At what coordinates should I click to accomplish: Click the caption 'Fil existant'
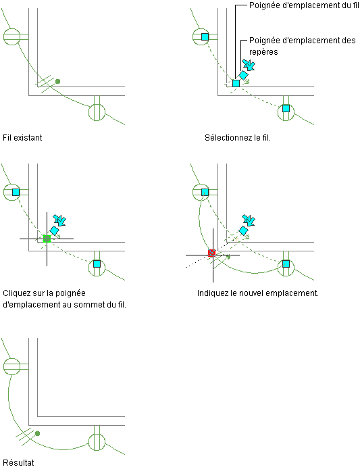point(22,138)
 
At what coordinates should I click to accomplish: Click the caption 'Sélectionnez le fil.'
point(238,138)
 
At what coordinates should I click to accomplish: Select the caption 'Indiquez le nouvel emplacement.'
point(258,293)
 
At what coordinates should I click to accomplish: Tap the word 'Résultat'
point(18,462)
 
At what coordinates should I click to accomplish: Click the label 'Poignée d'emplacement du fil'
point(304,5)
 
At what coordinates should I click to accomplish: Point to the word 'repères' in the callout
point(263,52)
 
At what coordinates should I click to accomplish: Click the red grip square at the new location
point(211,253)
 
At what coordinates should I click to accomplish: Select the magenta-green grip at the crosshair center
point(47,239)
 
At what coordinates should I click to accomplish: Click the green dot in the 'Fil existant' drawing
point(58,81)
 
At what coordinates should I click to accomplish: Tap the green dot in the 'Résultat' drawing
point(38,433)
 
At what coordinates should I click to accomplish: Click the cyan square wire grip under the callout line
point(236,83)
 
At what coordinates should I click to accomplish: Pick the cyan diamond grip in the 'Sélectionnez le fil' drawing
point(244,75)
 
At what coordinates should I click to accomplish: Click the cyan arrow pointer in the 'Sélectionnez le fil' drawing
point(249,65)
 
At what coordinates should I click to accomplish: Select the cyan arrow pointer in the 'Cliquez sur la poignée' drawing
point(59,220)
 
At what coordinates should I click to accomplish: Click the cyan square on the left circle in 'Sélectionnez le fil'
point(205,36)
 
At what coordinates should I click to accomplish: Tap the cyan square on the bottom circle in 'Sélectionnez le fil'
point(286,108)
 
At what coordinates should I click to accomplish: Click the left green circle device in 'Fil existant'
point(12,37)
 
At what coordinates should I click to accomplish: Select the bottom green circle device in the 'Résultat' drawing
point(97,442)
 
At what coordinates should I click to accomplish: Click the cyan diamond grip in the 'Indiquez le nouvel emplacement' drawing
point(244,230)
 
